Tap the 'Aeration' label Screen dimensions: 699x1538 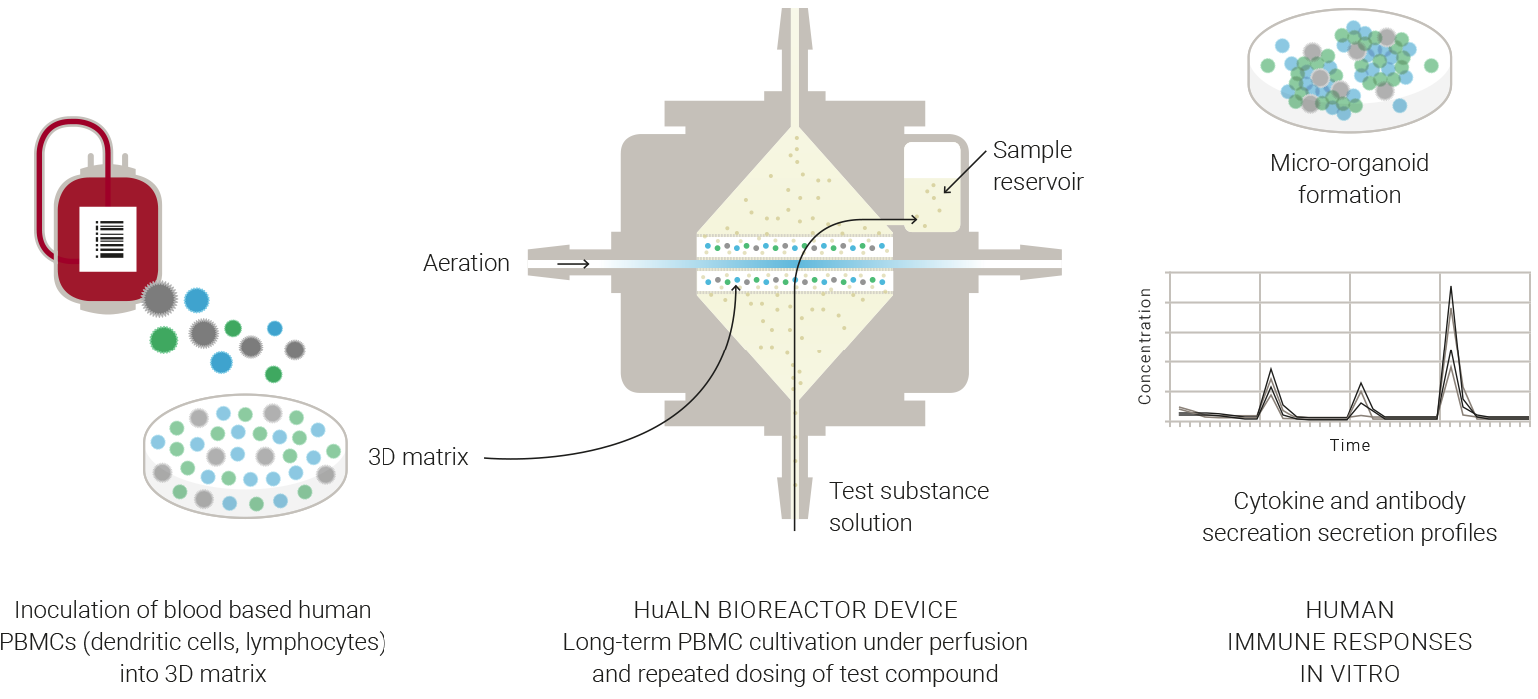coord(466,263)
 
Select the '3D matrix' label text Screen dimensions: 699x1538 coord(418,458)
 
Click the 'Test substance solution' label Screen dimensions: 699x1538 coord(909,507)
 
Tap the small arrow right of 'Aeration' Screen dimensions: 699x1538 coord(573,264)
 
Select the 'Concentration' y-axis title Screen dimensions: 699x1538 coord(1145,346)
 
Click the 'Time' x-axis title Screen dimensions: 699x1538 coord(1349,445)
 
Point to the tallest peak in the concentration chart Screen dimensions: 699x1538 coord(1450,289)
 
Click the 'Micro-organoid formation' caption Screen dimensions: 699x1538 coord(1349,178)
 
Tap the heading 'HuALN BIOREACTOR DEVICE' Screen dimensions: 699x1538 coord(795,610)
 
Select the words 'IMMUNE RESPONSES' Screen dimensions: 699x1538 coord(1349,642)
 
